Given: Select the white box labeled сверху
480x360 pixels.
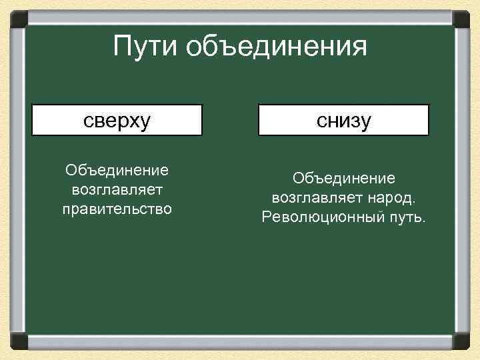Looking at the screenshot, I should (117, 120).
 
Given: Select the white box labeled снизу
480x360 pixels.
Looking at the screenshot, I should (343, 120).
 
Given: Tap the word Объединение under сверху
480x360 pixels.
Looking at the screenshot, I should (117, 171).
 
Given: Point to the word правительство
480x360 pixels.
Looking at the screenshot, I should (117, 209).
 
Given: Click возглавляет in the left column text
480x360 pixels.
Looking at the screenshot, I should (117, 191).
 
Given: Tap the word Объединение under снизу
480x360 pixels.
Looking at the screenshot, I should (343, 179).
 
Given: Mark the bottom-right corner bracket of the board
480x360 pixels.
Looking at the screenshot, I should (462, 341).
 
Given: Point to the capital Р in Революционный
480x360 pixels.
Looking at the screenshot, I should (267, 217).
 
